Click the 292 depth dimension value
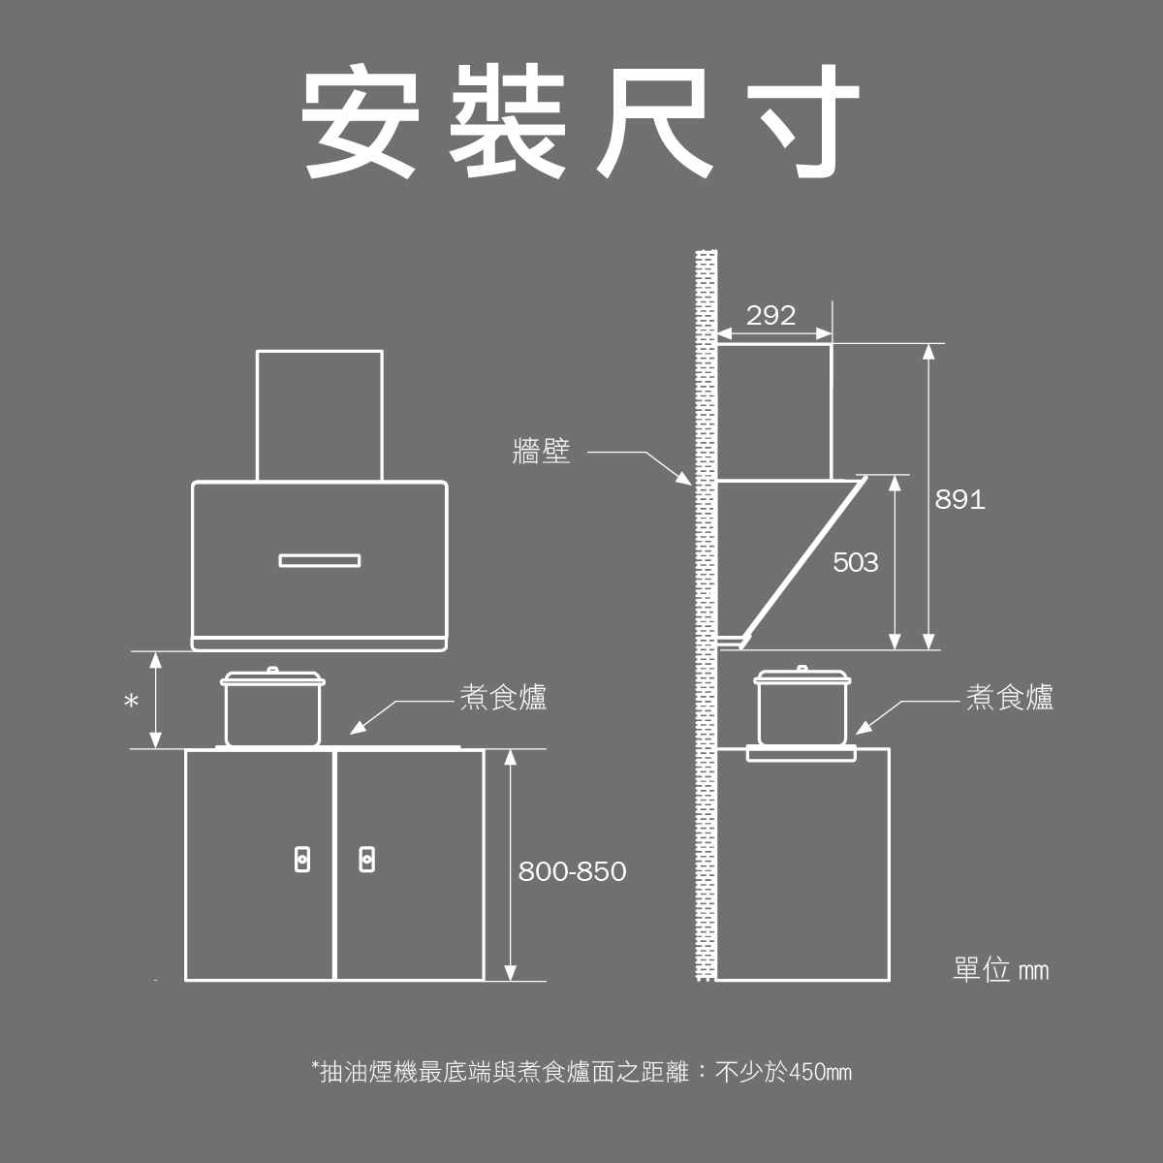770,316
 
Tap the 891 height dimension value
959,500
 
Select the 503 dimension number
855,563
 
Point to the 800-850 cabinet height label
572,872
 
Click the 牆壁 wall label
541,452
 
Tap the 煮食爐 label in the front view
503,698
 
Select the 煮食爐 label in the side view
1009,698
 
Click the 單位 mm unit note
1000,970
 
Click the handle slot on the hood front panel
319,560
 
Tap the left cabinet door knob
303,858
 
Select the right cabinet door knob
366,858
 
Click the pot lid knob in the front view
272,670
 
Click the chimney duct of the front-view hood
319,415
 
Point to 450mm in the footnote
820,1073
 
